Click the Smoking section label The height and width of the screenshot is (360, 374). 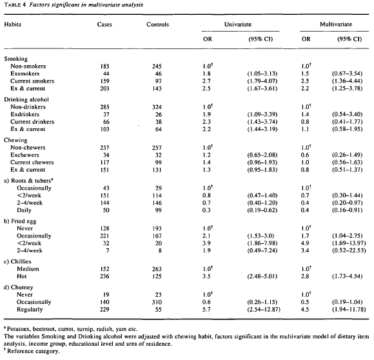[x=17, y=59]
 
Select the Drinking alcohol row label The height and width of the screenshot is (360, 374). [x=28, y=101]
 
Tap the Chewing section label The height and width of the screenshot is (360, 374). [x=17, y=142]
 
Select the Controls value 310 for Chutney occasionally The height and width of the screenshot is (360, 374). [x=152, y=302]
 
